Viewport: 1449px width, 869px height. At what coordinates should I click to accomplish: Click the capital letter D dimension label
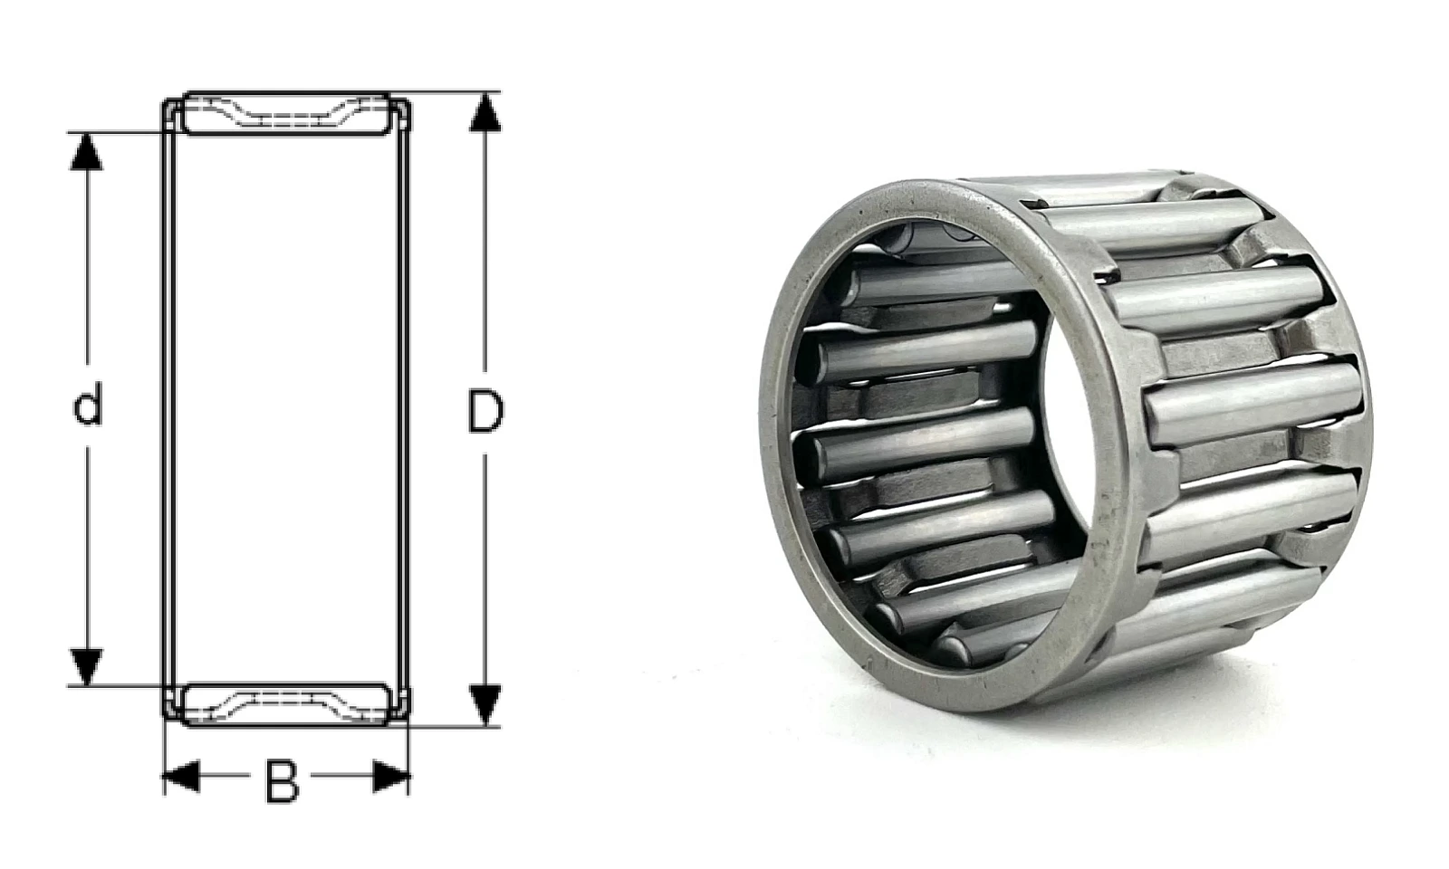pos(485,411)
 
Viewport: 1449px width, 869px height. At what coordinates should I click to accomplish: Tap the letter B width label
pos(282,782)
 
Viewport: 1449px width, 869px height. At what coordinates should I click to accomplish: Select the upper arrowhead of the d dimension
pos(86,151)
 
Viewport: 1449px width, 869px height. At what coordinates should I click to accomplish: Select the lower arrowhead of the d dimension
pos(86,666)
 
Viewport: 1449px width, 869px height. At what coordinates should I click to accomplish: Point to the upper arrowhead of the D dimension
pos(485,112)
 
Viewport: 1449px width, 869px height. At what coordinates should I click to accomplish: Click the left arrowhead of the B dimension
pos(181,776)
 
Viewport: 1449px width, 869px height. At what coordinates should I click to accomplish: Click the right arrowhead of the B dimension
pos(391,776)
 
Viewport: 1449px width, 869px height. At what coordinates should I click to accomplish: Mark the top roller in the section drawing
pos(286,114)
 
